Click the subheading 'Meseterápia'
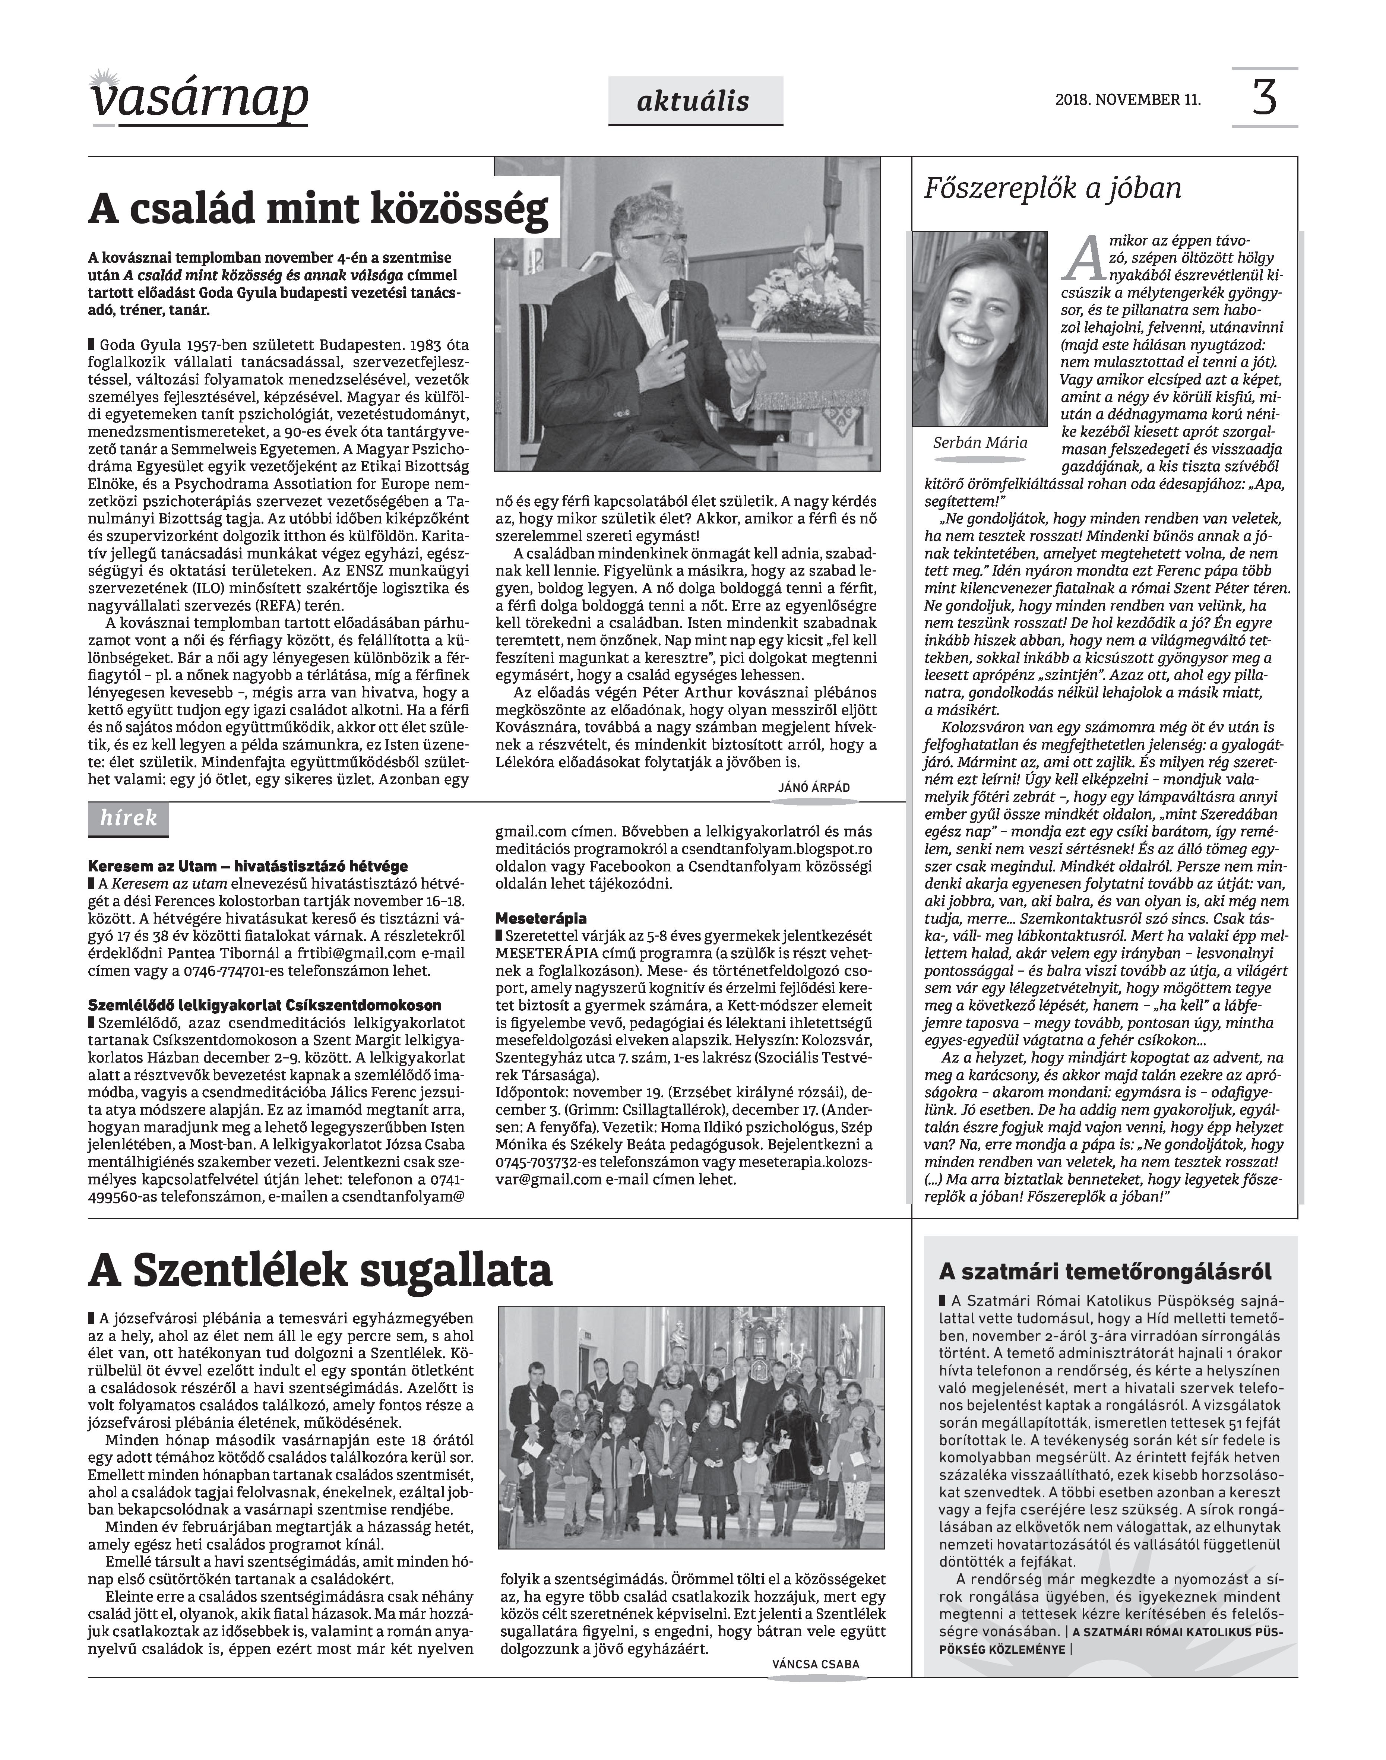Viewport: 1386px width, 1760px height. tap(541, 919)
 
